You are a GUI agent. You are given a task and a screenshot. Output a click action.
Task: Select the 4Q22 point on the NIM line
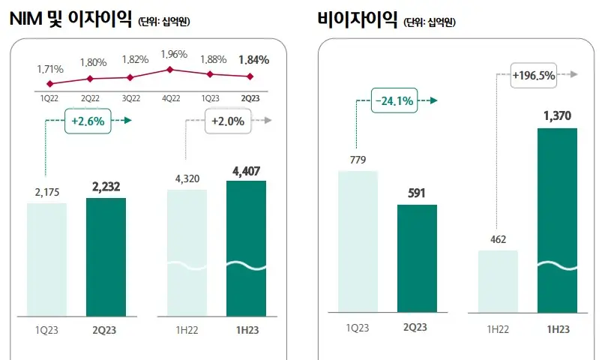point(170,69)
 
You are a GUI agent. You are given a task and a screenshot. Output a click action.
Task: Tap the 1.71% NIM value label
point(50,69)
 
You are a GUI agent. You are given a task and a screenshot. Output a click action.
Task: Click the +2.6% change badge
point(88,121)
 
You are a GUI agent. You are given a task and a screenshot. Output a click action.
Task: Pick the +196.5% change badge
point(535,75)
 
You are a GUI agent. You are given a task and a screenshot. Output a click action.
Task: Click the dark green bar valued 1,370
point(557,220)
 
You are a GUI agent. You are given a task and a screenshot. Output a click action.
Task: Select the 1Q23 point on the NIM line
point(211,73)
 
